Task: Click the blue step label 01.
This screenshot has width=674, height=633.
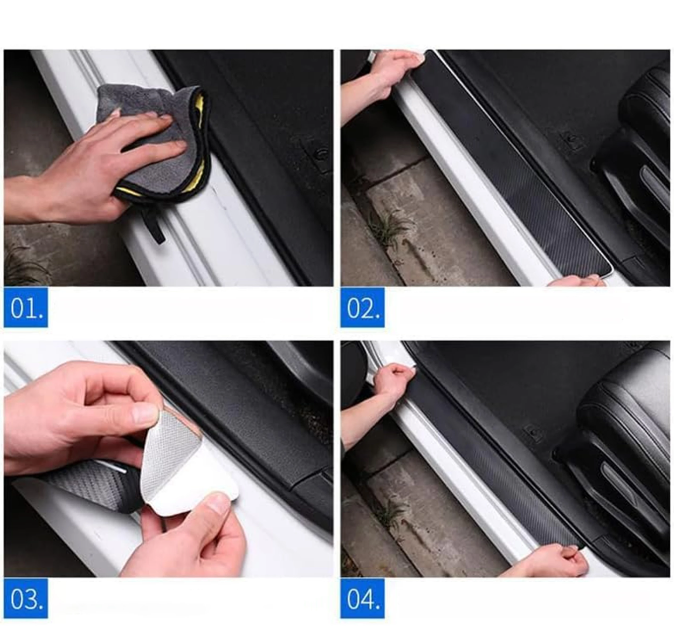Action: click(26, 307)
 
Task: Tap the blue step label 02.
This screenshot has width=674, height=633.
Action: click(363, 307)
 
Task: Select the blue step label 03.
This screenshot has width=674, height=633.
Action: click(26, 599)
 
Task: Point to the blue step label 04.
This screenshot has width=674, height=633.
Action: click(363, 599)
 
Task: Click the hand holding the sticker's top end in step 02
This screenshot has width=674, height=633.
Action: click(383, 80)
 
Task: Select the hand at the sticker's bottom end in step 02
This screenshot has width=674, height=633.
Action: click(576, 281)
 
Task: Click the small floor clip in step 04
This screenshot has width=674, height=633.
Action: click(532, 433)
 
